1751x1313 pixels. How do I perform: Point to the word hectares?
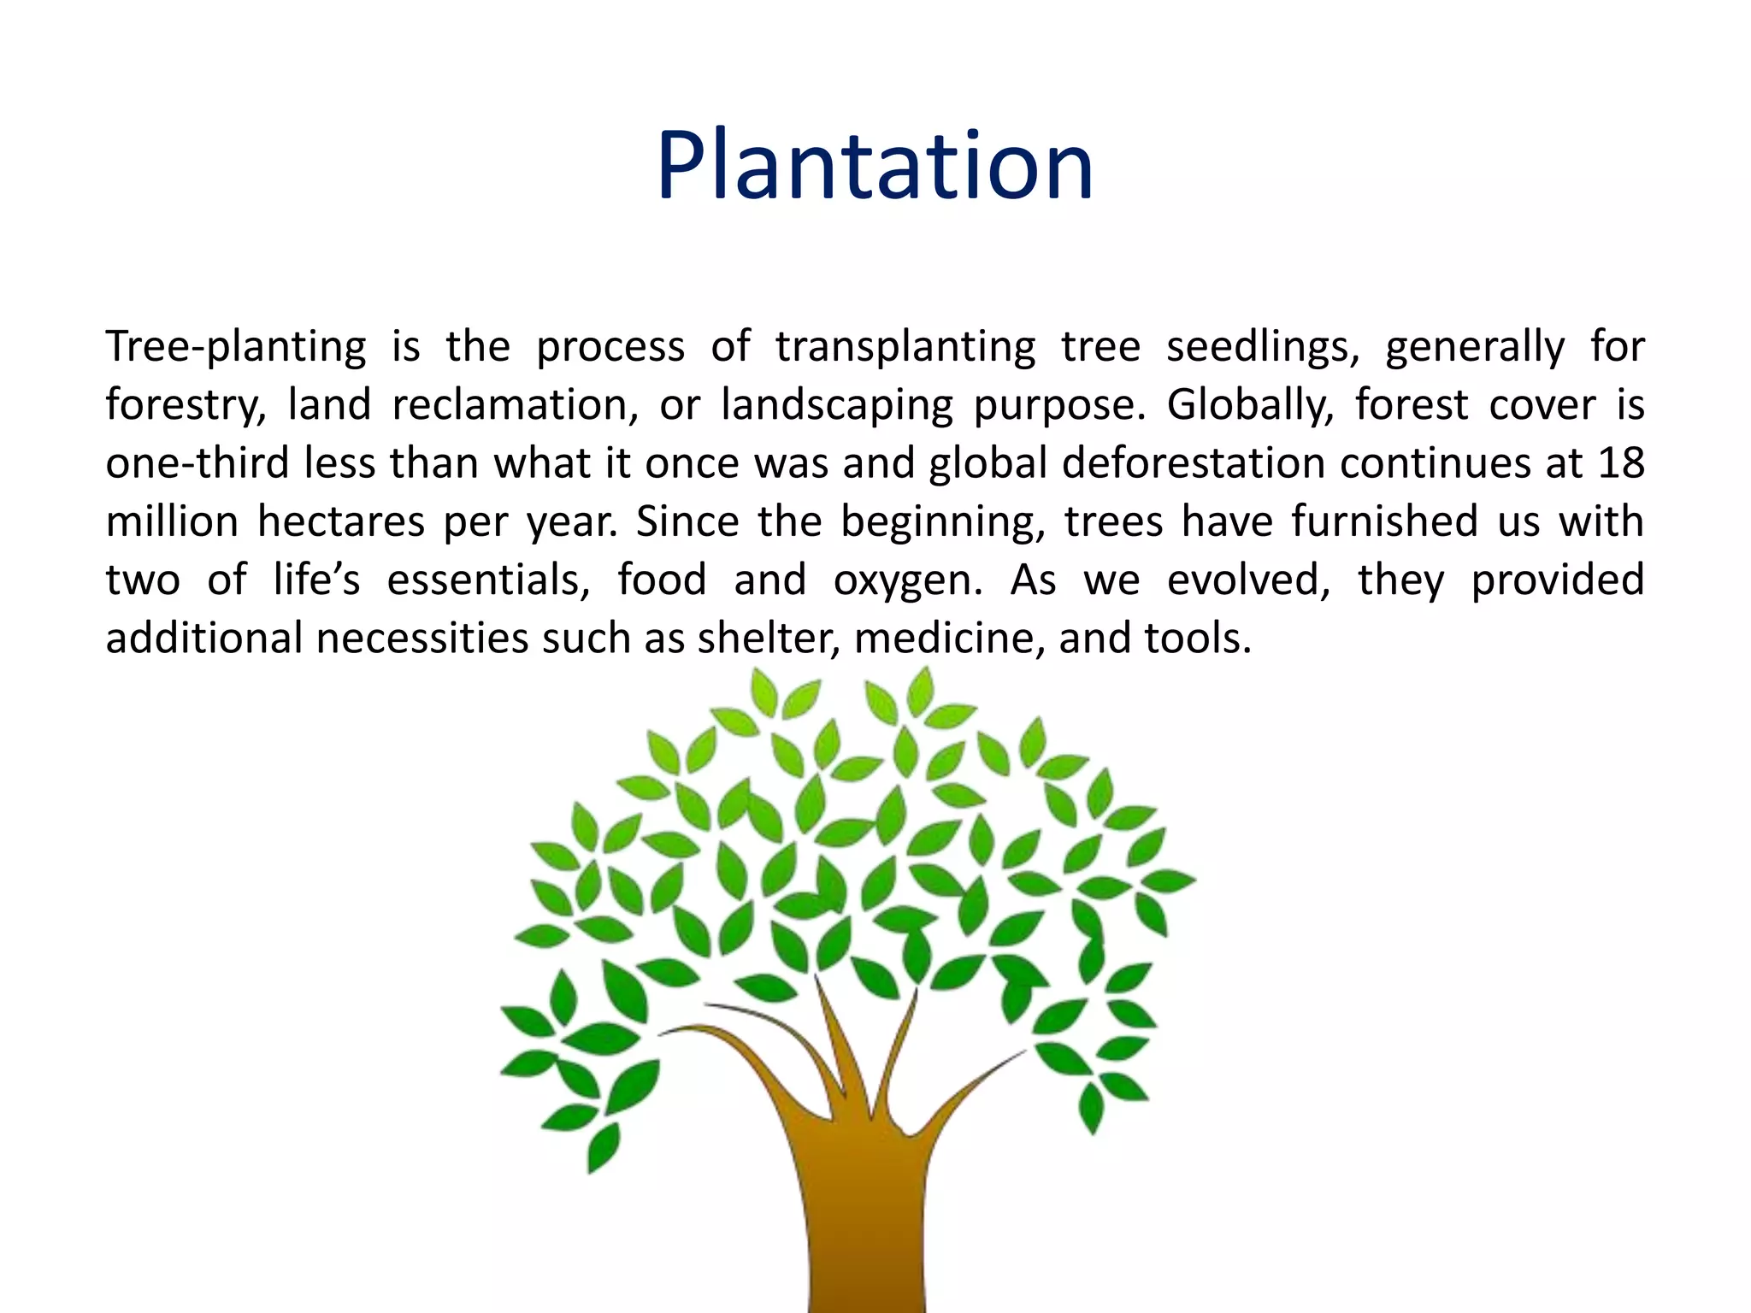(340, 521)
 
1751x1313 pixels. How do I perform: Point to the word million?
(171, 521)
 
